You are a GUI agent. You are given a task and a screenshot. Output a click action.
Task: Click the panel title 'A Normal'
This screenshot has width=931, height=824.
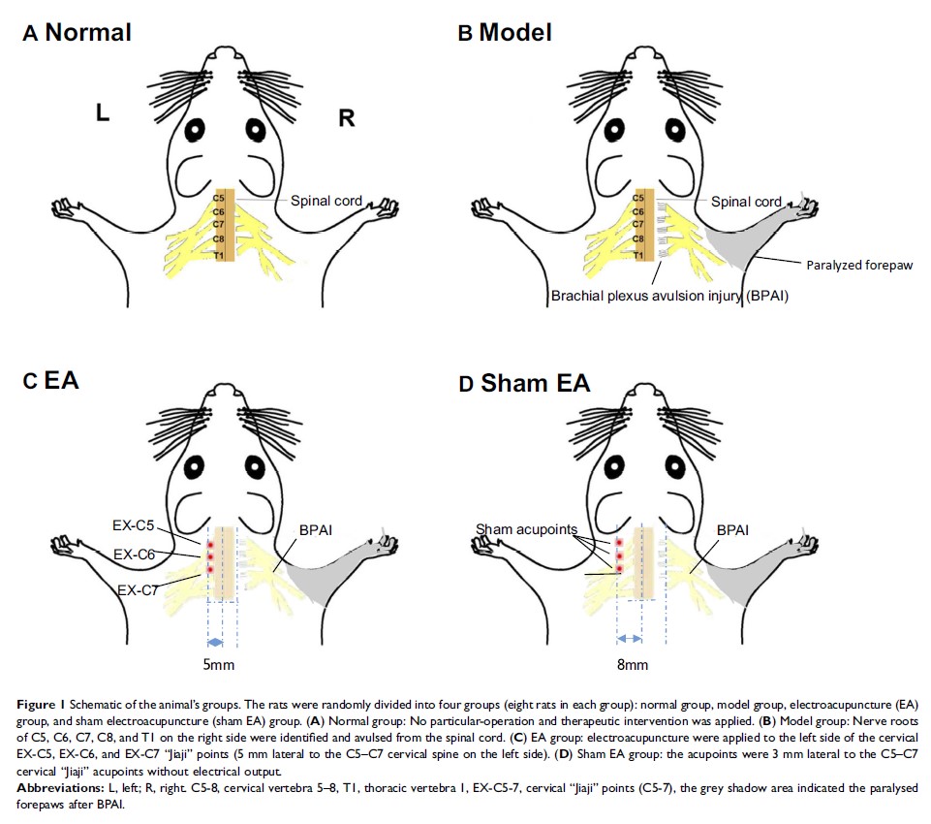pyautogui.click(x=78, y=33)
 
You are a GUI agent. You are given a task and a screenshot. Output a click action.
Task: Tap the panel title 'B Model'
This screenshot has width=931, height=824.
pyautogui.click(x=505, y=33)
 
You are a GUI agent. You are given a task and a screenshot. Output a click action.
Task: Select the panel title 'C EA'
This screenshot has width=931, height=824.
pyautogui.click(x=51, y=380)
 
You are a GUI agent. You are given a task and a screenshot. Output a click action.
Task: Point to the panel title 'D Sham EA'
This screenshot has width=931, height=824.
pyautogui.click(x=523, y=383)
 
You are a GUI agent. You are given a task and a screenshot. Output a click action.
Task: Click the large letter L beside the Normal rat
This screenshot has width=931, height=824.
pyautogui.click(x=102, y=114)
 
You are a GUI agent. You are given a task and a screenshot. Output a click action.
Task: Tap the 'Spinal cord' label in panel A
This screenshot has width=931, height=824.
pyautogui.click(x=326, y=202)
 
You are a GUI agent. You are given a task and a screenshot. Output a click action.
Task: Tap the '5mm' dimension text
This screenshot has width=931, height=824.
pyautogui.click(x=217, y=665)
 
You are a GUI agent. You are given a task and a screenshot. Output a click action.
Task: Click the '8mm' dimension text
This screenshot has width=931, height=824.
pyautogui.click(x=632, y=665)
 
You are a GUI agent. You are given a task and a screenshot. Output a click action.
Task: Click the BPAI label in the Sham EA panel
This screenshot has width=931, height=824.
pyautogui.click(x=732, y=531)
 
